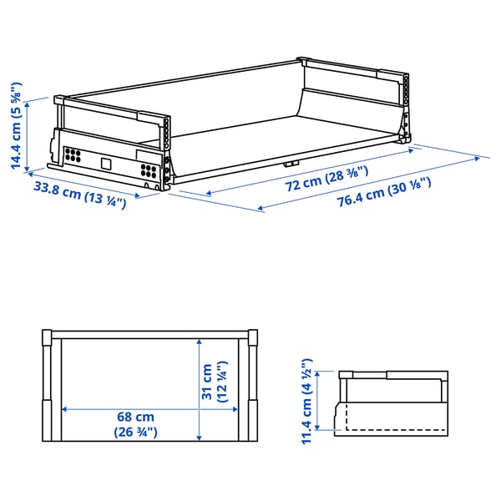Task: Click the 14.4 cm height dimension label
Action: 15,125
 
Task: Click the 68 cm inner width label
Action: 135,424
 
